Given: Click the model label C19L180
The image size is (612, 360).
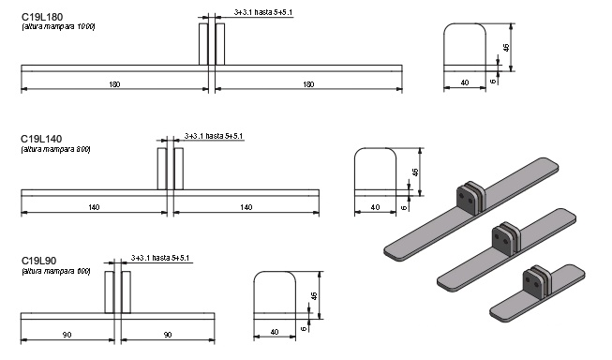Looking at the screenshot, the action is [42, 17].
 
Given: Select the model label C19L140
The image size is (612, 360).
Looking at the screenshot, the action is [41, 139].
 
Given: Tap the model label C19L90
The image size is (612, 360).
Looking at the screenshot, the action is [38, 261].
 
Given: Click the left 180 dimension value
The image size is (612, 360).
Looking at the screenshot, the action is [114, 84].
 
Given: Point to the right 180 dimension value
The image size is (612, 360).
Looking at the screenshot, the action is [308, 84].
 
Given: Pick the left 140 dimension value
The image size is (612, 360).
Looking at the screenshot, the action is [94, 207].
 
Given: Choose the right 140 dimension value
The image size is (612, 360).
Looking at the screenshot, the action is [246, 207].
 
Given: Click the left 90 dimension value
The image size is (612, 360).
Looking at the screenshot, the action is [67, 335].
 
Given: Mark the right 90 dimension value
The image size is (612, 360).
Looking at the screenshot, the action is [168, 335].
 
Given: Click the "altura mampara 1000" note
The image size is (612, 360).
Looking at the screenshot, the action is [58, 26].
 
